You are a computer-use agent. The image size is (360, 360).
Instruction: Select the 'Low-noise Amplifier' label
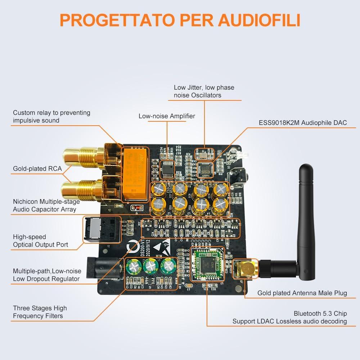pos(167,116)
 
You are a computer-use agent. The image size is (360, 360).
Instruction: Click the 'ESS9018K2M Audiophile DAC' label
pos(303,123)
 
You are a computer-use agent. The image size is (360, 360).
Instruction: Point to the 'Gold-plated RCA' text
pos(37,168)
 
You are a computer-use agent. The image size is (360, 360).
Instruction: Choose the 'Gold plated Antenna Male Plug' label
pos(302,293)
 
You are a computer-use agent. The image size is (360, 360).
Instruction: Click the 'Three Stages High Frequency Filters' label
pos(40,312)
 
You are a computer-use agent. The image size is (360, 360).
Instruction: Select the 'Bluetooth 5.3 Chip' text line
pos(320,313)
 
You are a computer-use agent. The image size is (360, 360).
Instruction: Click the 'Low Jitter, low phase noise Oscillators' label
pos(204,91)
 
